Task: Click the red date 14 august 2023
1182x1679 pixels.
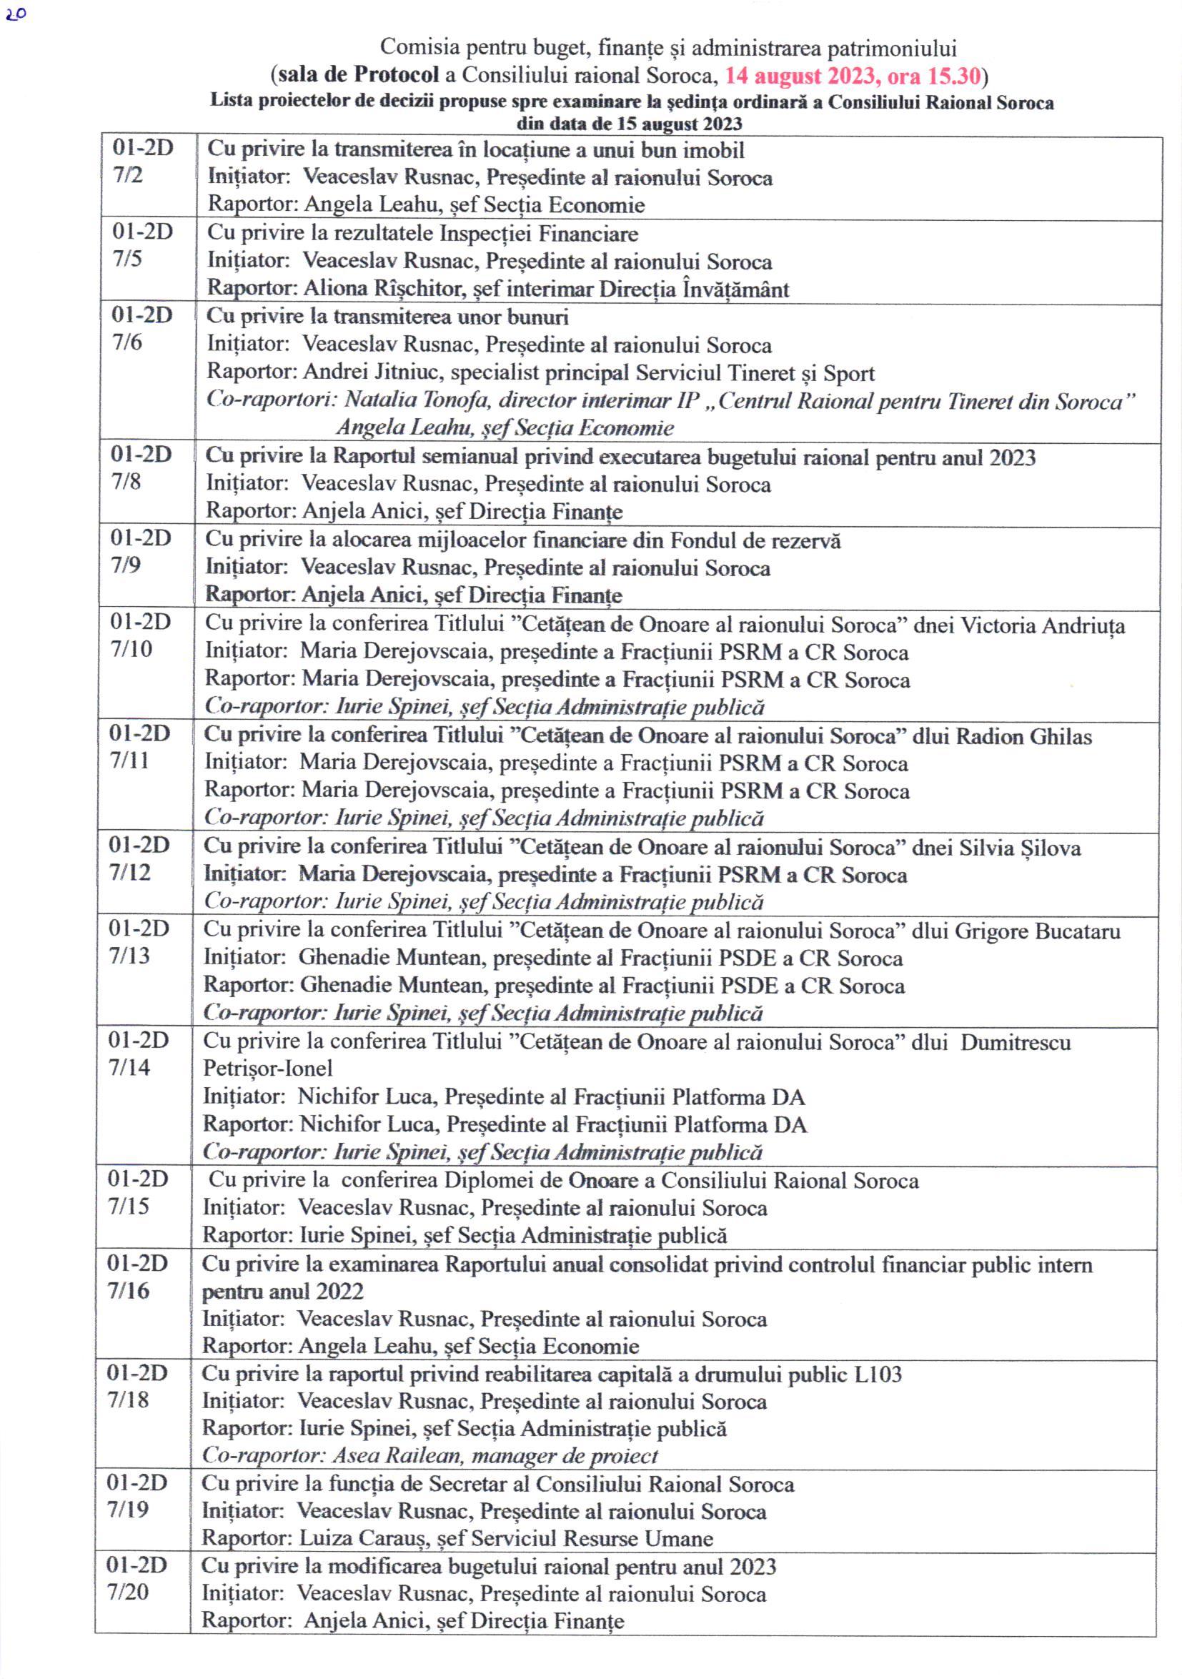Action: point(802,76)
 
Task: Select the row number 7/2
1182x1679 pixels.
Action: point(128,176)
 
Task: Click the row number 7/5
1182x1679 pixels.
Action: point(127,259)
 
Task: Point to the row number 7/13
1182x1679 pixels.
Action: point(129,956)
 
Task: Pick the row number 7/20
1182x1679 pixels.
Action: point(128,1591)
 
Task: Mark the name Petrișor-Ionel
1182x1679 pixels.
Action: point(267,1069)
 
